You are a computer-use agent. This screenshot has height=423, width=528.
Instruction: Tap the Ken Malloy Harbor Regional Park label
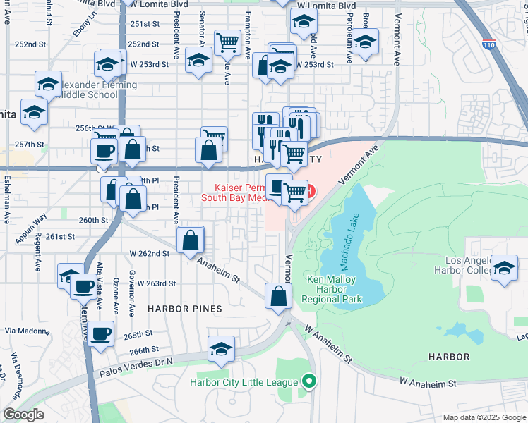pyautogui.click(x=335, y=289)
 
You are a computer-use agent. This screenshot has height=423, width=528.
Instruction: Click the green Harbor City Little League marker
pyautogui.click(x=308, y=382)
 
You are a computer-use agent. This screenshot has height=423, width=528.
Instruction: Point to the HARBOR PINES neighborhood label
pyautogui.click(x=184, y=309)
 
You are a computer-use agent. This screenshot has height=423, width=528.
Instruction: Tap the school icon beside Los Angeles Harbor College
pyautogui.click(x=504, y=269)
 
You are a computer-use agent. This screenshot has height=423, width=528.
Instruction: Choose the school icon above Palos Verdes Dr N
pyautogui.click(x=221, y=349)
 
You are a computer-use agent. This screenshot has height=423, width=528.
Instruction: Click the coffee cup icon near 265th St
pyautogui.click(x=100, y=333)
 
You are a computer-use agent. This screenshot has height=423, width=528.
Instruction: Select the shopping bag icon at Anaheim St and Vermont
pyautogui.click(x=278, y=295)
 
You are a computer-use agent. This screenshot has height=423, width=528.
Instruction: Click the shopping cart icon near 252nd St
pyautogui.click(x=227, y=43)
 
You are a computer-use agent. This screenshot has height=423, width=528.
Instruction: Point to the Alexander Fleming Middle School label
pyautogui.click(x=88, y=90)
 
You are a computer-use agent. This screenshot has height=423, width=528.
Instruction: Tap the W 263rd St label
pyautogui.click(x=152, y=283)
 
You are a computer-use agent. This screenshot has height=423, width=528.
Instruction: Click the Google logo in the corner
pyautogui.click(x=23, y=415)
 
